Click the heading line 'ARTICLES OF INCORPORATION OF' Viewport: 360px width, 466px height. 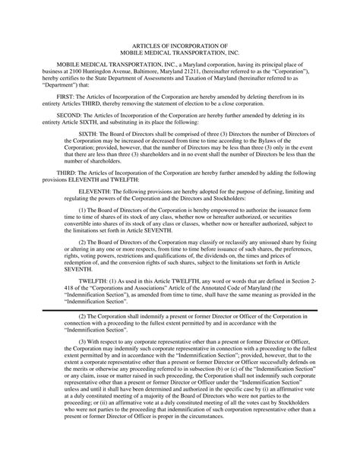point(180,46)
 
